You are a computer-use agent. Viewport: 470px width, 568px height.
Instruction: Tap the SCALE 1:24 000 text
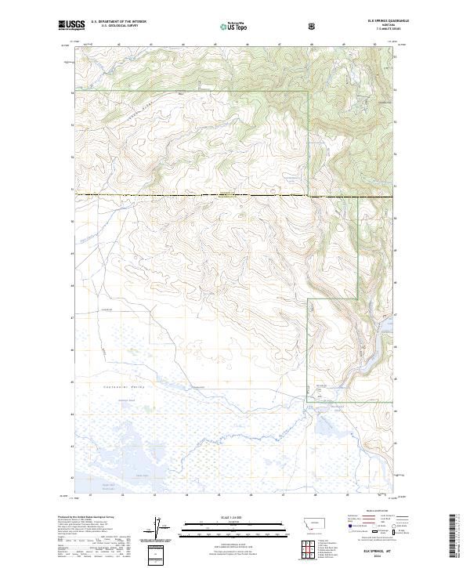227,518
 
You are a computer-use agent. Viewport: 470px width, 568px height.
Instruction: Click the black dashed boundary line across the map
196,194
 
